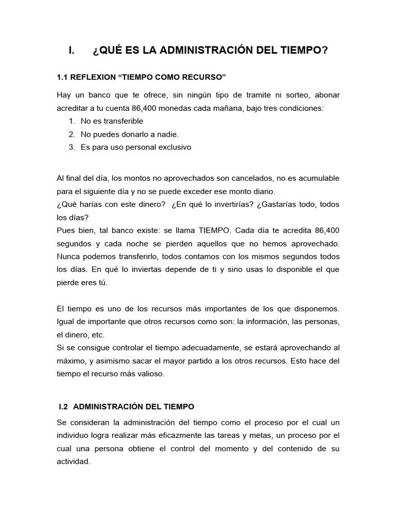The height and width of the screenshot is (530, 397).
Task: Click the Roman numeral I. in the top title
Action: tap(72, 51)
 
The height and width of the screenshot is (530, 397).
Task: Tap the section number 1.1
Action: tap(62, 77)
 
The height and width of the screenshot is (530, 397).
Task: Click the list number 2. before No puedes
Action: tap(72, 134)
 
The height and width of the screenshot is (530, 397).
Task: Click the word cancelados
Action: tap(247, 178)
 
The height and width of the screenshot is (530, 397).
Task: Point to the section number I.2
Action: tap(65, 407)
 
